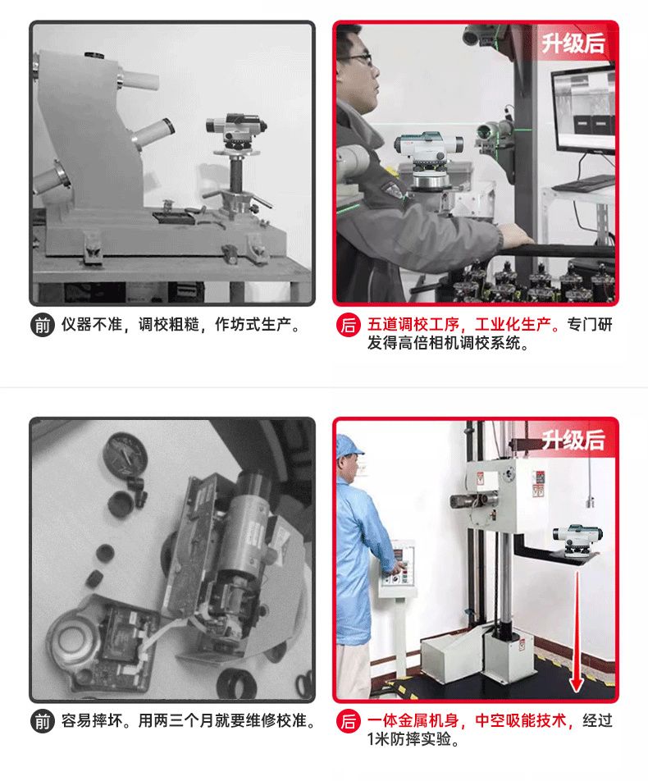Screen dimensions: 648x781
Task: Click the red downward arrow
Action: [x=577, y=632]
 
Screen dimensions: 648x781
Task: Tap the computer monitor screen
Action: [x=583, y=107]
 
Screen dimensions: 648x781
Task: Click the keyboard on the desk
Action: [x=582, y=183]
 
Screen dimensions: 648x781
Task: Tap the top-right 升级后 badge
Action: [x=573, y=43]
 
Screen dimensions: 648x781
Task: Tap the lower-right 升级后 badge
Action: [x=573, y=440]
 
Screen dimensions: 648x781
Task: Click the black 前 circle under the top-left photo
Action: [x=43, y=325]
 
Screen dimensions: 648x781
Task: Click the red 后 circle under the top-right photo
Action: [x=349, y=325]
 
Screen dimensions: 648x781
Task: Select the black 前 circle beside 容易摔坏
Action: [x=43, y=721]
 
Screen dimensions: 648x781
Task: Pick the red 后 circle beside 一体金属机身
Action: [x=349, y=721]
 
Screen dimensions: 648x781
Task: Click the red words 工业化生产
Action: [x=513, y=325]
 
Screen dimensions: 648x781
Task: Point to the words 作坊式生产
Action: [x=253, y=325]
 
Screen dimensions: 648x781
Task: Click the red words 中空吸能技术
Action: [x=521, y=721]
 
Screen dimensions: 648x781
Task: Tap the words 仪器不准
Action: [x=92, y=325]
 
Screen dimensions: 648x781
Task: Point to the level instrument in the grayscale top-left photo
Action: [x=236, y=130]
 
